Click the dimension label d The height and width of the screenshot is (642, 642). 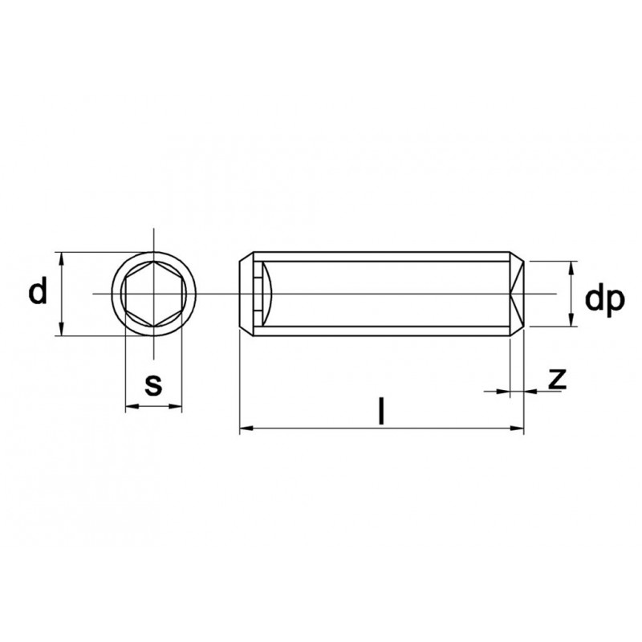click(38, 291)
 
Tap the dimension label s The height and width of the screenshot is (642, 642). click(153, 384)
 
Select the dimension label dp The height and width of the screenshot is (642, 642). click(605, 299)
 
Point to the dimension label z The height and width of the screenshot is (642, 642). click(557, 379)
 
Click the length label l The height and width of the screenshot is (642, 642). click(382, 410)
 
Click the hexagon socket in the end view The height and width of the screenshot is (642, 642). click(153, 294)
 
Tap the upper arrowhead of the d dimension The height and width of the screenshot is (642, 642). click(61, 258)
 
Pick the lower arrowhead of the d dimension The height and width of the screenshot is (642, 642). click(61, 329)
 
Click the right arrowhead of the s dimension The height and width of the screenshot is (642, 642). click(175, 407)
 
